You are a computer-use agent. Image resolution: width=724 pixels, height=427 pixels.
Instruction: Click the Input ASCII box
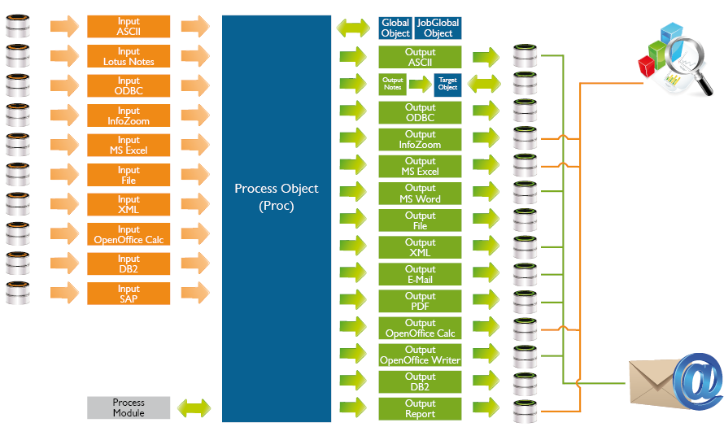(129, 27)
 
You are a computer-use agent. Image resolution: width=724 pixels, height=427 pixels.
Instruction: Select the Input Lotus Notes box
(129, 57)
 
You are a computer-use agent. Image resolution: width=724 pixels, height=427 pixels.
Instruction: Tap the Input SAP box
(129, 294)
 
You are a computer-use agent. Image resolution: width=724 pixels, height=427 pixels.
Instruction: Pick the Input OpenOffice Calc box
(129, 234)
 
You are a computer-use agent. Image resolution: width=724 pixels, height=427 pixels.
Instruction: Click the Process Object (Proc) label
(277, 197)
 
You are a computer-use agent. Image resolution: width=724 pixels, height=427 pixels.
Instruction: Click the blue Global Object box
(395, 28)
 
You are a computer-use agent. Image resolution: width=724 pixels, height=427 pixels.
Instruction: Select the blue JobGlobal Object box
(438, 28)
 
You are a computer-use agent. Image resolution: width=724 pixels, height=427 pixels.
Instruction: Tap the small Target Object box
(447, 83)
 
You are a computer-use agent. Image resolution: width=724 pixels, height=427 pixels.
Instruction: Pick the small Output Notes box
(393, 83)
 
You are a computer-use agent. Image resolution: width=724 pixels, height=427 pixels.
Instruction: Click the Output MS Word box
(421, 194)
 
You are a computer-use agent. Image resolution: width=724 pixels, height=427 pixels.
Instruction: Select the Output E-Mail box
(421, 274)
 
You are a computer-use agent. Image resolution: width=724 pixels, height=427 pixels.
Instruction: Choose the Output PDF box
(421, 301)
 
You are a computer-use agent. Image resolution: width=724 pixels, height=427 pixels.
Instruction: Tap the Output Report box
(421, 408)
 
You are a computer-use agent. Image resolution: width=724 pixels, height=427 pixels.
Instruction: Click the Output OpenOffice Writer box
(421, 355)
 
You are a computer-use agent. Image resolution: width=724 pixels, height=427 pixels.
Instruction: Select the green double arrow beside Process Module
(194, 407)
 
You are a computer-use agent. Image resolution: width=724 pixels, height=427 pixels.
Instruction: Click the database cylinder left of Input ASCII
(18, 27)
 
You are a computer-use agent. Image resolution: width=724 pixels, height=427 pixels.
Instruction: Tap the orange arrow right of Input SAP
(194, 294)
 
